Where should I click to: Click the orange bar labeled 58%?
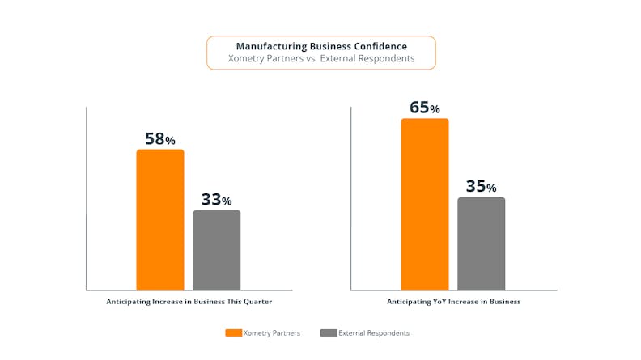coord(159,219)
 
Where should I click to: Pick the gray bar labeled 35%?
coord(481,243)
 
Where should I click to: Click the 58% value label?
coord(159,138)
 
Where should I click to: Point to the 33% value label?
coord(216,199)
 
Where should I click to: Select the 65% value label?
coord(424,107)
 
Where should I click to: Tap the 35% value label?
coord(481,186)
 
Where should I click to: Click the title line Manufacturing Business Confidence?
coord(321,46)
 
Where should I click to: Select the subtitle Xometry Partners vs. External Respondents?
coord(321,59)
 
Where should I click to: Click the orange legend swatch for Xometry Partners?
coord(232,332)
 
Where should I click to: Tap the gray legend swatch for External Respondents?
coord(328,332)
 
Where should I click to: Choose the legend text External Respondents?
coord(375,332)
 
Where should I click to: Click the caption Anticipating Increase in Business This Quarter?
coord(189,301)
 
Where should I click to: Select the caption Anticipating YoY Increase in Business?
coord(453,301)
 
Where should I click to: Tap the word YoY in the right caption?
coord(441,301)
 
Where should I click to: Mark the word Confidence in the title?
coord(379,46)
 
